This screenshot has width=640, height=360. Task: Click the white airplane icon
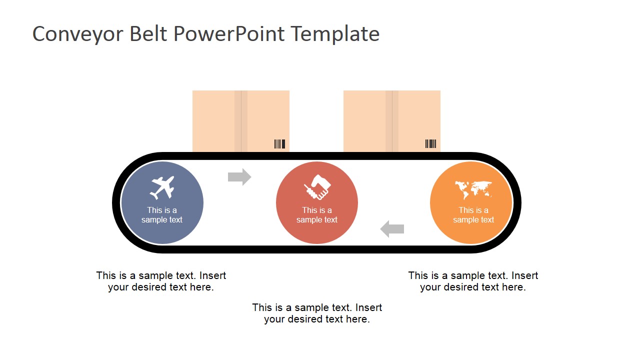(162, 187)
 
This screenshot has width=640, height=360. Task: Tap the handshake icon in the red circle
(317, 187)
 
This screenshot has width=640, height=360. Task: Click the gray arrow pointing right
(239, 177)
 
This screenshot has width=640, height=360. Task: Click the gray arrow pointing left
(392, 229)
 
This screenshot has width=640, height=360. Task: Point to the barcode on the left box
(279, 144)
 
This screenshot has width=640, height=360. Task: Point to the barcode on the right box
(430, 144)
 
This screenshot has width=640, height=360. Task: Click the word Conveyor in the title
(77, 34)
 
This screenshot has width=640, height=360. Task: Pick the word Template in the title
(335, 34)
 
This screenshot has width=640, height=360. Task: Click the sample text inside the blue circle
(162, 215)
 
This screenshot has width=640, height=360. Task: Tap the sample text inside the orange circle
(473, 215)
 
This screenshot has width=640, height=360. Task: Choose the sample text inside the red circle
(317, 215)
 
